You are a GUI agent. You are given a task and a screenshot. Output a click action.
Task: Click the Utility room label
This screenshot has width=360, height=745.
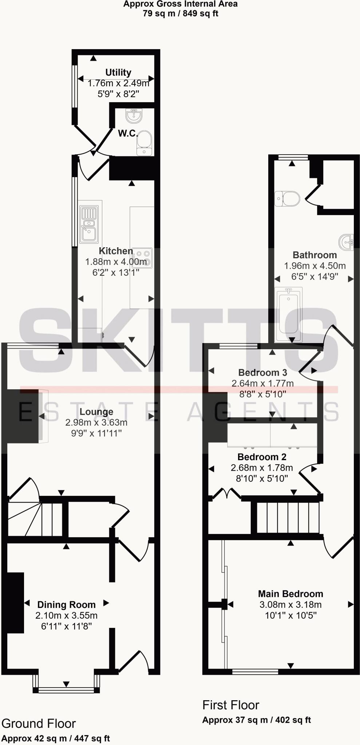coord(118,72)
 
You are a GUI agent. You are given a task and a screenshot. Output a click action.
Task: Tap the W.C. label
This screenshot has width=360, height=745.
coord(128,134)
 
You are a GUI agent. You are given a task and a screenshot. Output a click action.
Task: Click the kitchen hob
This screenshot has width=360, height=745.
coord(142,258)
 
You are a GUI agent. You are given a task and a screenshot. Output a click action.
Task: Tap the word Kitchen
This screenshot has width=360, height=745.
coord(116,251)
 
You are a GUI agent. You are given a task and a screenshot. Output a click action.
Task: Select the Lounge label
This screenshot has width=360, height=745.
coord(96,412)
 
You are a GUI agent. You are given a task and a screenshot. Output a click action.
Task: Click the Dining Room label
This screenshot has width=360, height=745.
coord(67,605)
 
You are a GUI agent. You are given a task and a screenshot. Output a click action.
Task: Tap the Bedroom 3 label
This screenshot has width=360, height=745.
coord(262,372)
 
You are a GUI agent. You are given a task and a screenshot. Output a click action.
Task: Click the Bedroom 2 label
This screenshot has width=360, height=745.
coord(262,457)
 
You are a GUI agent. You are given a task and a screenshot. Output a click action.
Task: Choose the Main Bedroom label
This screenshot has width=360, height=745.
coord(290,594)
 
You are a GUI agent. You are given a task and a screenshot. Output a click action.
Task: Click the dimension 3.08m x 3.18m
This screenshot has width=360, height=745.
coord(290,605)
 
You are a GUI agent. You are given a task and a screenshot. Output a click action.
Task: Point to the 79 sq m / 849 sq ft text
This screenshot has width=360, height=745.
coord(180,14)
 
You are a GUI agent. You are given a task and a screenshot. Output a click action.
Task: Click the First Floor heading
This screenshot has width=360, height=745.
coord(231,705)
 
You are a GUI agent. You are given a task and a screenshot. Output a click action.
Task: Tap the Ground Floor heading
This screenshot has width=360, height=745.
coord(39,724)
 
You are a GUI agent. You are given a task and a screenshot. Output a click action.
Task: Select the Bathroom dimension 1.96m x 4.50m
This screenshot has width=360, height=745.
coord(315,266)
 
